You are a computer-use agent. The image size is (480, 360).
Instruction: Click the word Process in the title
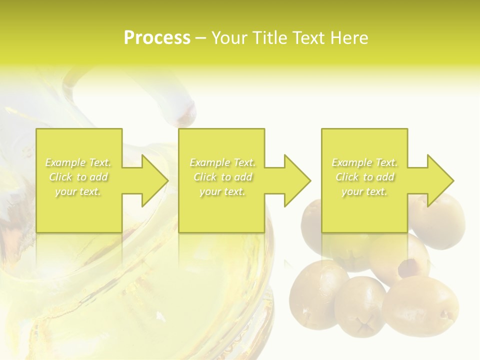157,38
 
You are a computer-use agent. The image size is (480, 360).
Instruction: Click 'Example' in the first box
65,162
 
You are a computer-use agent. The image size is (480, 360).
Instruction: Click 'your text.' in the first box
78,191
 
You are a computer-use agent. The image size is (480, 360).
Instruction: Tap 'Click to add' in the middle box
222,177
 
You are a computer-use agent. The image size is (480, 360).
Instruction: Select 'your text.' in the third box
364,191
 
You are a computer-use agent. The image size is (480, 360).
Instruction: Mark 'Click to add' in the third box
364,177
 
